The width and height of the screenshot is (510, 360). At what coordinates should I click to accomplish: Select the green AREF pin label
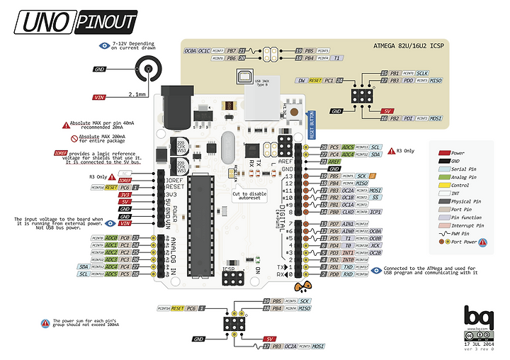click(334, 162)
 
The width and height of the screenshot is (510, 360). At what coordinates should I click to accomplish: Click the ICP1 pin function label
click(375, 211)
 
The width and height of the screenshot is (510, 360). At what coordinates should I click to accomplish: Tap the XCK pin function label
click(375, 245)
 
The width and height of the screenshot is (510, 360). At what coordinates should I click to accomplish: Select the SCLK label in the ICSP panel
click(422, 73)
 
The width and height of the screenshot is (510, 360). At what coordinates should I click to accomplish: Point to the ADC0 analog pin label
click(111, 238)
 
